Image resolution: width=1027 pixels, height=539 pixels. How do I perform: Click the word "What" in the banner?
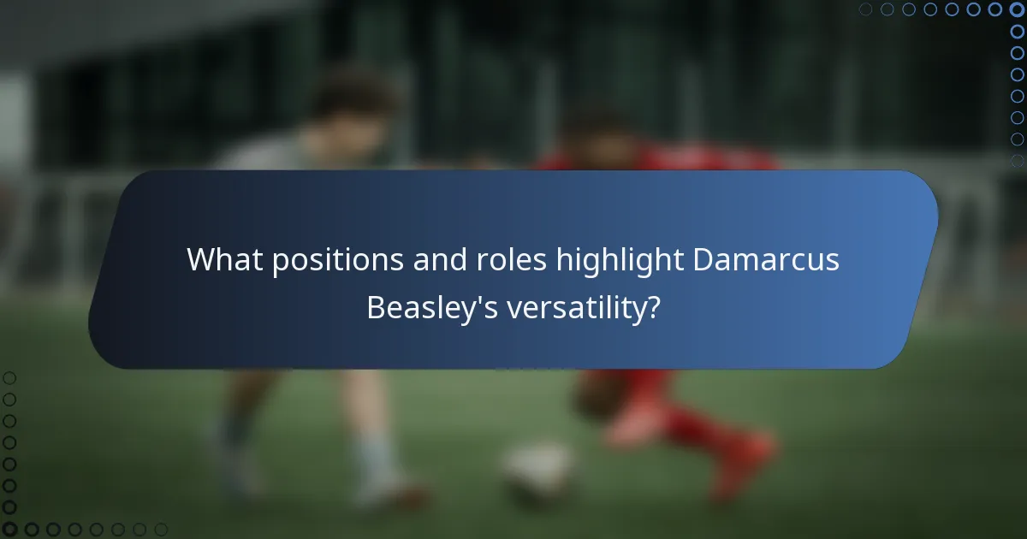[224, 258]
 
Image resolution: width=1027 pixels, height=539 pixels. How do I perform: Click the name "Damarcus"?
[766, 258]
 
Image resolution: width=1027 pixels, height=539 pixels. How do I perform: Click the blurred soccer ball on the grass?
[537, 469]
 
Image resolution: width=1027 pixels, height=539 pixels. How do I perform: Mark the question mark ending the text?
[653, 306]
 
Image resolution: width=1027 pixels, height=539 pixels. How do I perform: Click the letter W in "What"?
[201, 258]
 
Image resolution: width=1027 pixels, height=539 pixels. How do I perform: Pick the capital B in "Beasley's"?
[376, 306]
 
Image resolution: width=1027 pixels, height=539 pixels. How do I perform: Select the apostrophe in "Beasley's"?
[476, 298]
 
